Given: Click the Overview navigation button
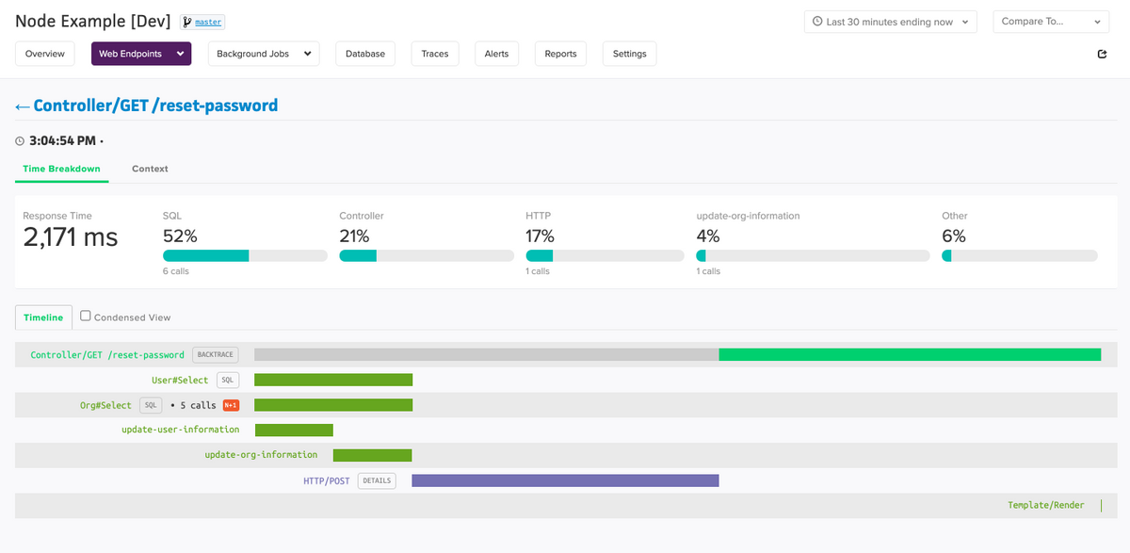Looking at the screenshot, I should tap(45, 54).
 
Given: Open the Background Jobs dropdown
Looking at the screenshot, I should tap(264, 54).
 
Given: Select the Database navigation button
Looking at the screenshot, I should tap(365, 54).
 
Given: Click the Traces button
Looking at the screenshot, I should tap(435, 54).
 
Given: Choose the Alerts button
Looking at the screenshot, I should tap(496, 54).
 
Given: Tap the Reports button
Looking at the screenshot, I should tap(560, 54).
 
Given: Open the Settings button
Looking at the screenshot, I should tap(629, 54).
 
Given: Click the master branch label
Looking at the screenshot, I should tap(208, 22).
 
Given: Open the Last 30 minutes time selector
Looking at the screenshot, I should tap(890, 22).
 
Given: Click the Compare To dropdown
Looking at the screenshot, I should tap(1051, 22).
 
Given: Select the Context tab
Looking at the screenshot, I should tap(150, 169).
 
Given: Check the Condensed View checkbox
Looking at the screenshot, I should tap(86, 317).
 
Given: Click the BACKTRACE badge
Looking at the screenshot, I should tap(216, 355).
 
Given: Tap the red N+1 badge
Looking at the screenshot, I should tap(231, 405).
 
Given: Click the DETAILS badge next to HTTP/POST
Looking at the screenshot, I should tap(377, 480).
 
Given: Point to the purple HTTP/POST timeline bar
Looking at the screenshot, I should tap(565, 480).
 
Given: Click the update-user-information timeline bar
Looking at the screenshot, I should tap(294, 430).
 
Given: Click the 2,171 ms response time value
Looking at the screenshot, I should tap(71, 237).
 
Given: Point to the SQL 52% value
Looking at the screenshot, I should tap(180, 236).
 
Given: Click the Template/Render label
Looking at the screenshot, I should tap(1045, 505).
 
